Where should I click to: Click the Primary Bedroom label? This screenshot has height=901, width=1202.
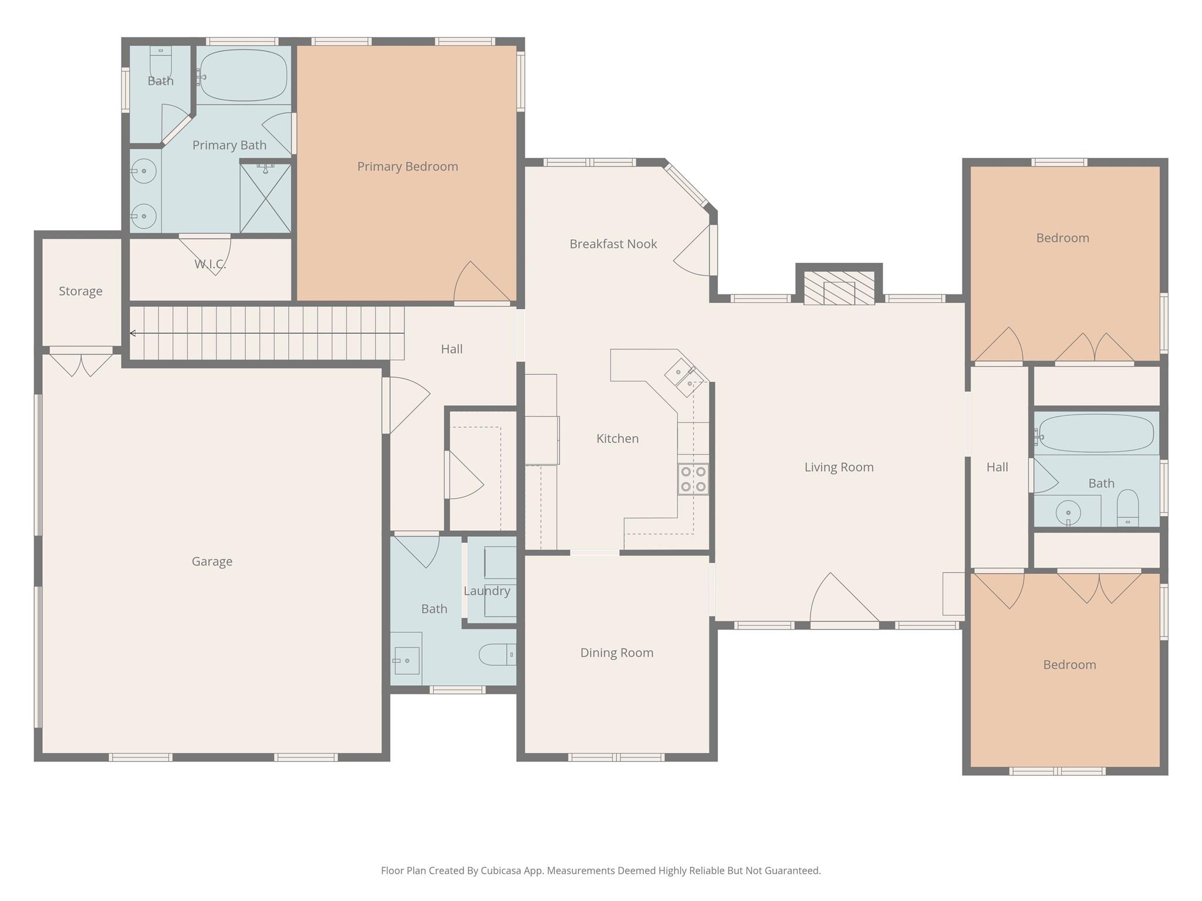click(x=407, y=167)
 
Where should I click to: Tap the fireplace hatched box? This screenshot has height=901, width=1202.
click(x=839, y=287)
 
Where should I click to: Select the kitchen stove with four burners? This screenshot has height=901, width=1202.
click(x=693, y=479)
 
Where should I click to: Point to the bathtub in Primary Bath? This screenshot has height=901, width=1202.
click(x=244, y=76)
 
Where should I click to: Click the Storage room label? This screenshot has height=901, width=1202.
click(x=80, y=292)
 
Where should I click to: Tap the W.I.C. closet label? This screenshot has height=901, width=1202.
click(x=210, y=264)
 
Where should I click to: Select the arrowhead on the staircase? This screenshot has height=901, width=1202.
click(x=133, y=333)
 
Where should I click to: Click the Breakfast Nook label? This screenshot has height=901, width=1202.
click(x=613, y=244)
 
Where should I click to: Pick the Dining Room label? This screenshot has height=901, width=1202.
click(x=616, y=653)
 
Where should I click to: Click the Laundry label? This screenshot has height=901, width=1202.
click(x=487, y=591)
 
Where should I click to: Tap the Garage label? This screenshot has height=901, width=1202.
click(x=212, y=561)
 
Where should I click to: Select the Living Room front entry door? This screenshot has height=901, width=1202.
click(x=844, y=604)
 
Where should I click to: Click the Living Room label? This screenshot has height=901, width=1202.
click(x=839, y=468)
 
